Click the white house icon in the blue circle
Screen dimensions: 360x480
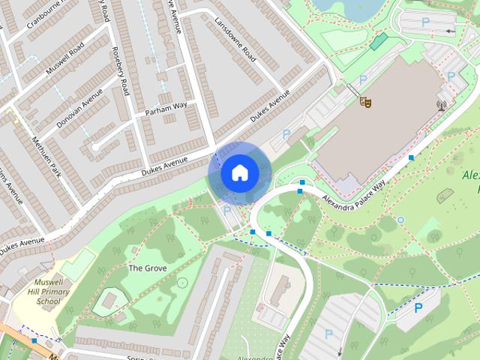tap(238, 173)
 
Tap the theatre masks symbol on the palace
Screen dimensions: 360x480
tap(365, 100)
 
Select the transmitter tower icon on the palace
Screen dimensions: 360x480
tap(441, 106)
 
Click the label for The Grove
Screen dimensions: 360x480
tap(147, 268)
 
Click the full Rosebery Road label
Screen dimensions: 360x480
tap(121, 71)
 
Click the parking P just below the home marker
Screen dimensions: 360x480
tap(227, 211)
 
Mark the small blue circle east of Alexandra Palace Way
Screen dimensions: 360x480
tap(400, 220)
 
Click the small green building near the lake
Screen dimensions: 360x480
tap(380, 41)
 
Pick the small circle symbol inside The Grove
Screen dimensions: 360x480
tap(182, 282)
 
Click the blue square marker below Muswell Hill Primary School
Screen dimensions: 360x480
tap(34, 340)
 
